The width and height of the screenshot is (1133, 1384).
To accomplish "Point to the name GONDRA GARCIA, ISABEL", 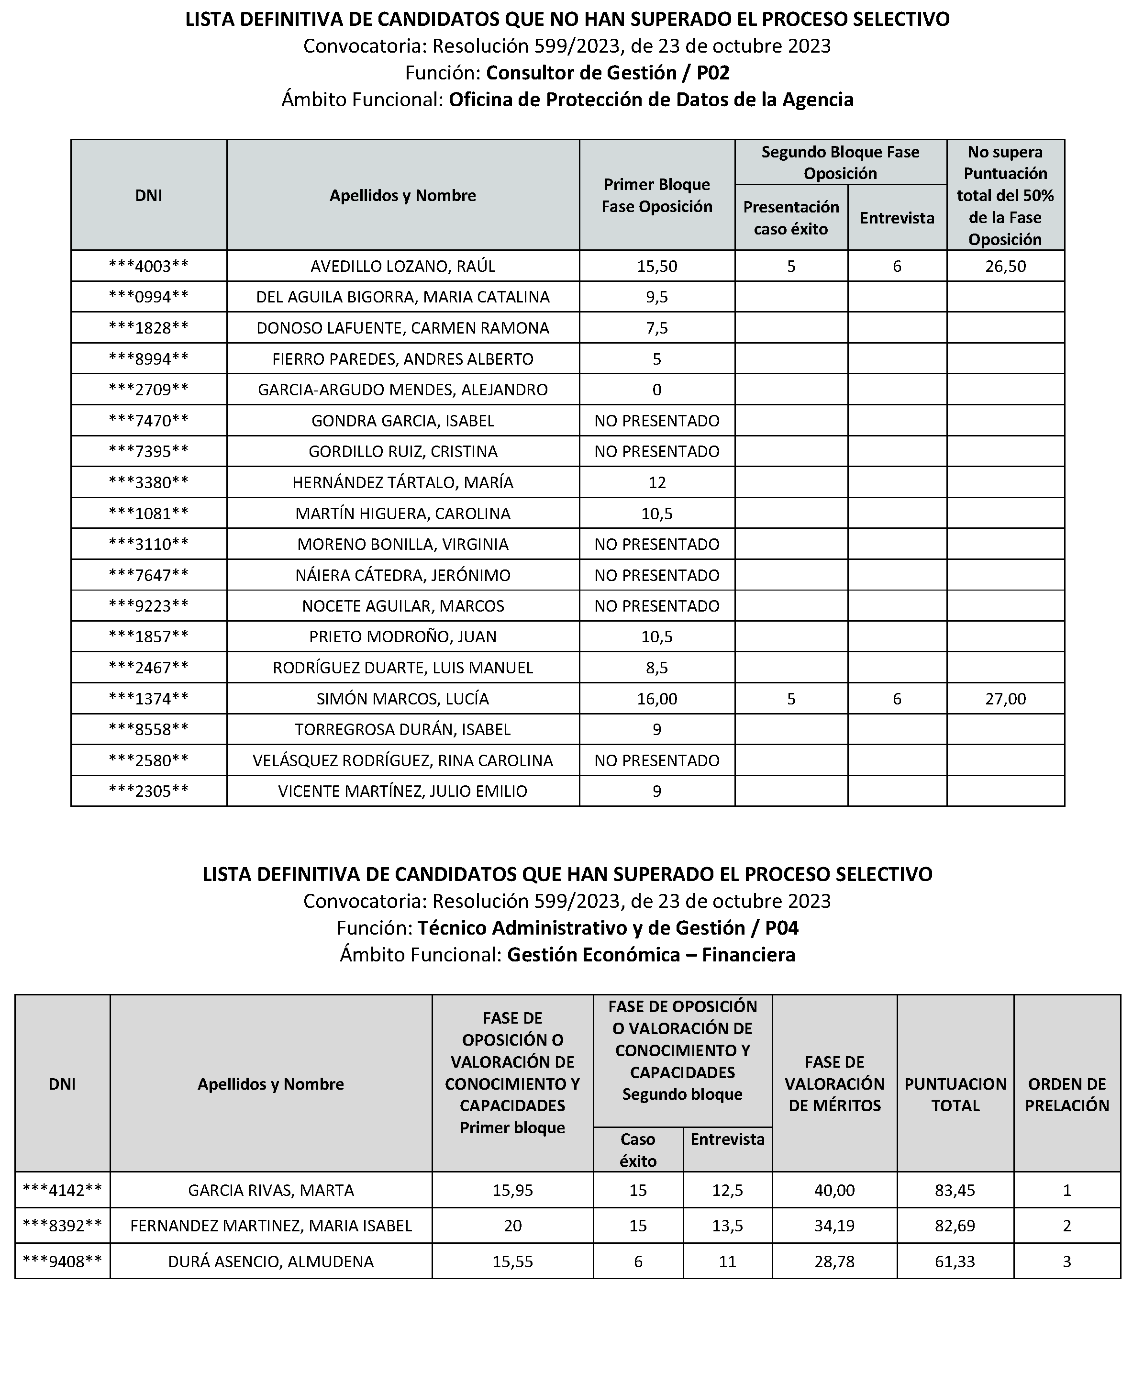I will [x=403, y=421].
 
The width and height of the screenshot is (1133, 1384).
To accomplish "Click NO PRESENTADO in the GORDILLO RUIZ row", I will [x=656, y=452].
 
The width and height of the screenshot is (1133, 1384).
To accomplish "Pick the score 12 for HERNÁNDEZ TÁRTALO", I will [x=656, y=483].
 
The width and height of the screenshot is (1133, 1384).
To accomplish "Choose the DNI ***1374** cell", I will [x=149, y=699].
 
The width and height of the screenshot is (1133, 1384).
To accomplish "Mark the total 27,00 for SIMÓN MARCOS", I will [x=1005, y=699].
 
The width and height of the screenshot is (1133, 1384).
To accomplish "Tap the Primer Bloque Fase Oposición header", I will [x=656, y=196].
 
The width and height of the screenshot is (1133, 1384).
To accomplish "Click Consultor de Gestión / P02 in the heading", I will [x=608, y=72].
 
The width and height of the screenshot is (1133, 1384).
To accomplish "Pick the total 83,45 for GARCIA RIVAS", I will [x=955, y=1191].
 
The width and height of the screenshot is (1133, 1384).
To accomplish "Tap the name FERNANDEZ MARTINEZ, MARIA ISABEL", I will [x=271, y=1226].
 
